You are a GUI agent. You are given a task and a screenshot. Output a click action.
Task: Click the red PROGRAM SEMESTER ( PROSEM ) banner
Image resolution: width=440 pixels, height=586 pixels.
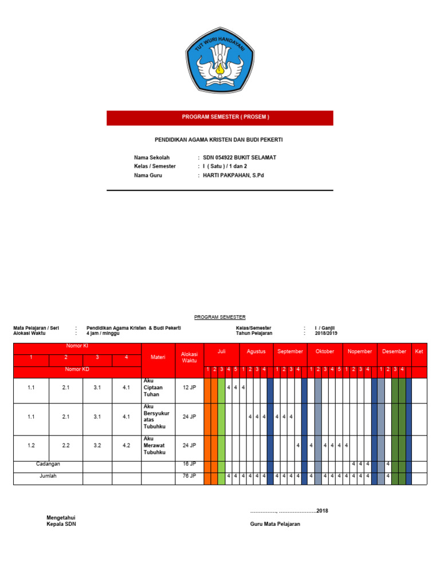coord(219,117)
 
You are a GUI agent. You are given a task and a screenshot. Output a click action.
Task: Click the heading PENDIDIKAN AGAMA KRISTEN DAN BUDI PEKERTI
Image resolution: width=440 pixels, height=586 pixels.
coord(219,140)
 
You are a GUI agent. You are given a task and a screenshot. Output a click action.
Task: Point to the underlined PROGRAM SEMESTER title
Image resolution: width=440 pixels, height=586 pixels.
coord(219,316)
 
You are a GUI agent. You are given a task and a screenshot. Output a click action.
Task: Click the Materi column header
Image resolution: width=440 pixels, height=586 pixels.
coord(158,357)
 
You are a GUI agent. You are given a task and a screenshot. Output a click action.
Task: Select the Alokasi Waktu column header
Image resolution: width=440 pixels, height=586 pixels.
coord(189,357)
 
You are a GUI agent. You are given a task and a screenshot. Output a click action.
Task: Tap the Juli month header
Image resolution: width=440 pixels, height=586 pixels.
coord(221,351)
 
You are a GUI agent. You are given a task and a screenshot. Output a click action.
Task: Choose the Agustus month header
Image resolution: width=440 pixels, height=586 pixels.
coord(256,351)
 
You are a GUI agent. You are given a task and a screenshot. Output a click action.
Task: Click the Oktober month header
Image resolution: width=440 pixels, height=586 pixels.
coord(325,351)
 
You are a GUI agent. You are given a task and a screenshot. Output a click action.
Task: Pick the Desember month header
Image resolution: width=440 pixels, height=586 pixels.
coord(394,351)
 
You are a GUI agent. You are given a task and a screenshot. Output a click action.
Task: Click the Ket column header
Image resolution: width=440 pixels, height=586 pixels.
coord(419,351)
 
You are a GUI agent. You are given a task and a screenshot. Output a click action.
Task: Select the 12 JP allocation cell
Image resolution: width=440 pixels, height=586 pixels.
coord(189,387)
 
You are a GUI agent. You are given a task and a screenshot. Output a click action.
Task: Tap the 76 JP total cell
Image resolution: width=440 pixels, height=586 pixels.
coord(189,476)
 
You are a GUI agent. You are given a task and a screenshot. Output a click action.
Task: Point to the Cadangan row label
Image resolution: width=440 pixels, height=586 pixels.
coord(48,464)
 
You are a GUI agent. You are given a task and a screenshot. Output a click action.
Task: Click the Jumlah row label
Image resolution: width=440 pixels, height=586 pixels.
coord(48,476)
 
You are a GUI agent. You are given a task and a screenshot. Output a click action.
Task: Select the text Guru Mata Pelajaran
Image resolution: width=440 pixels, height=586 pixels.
coord(275,524)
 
